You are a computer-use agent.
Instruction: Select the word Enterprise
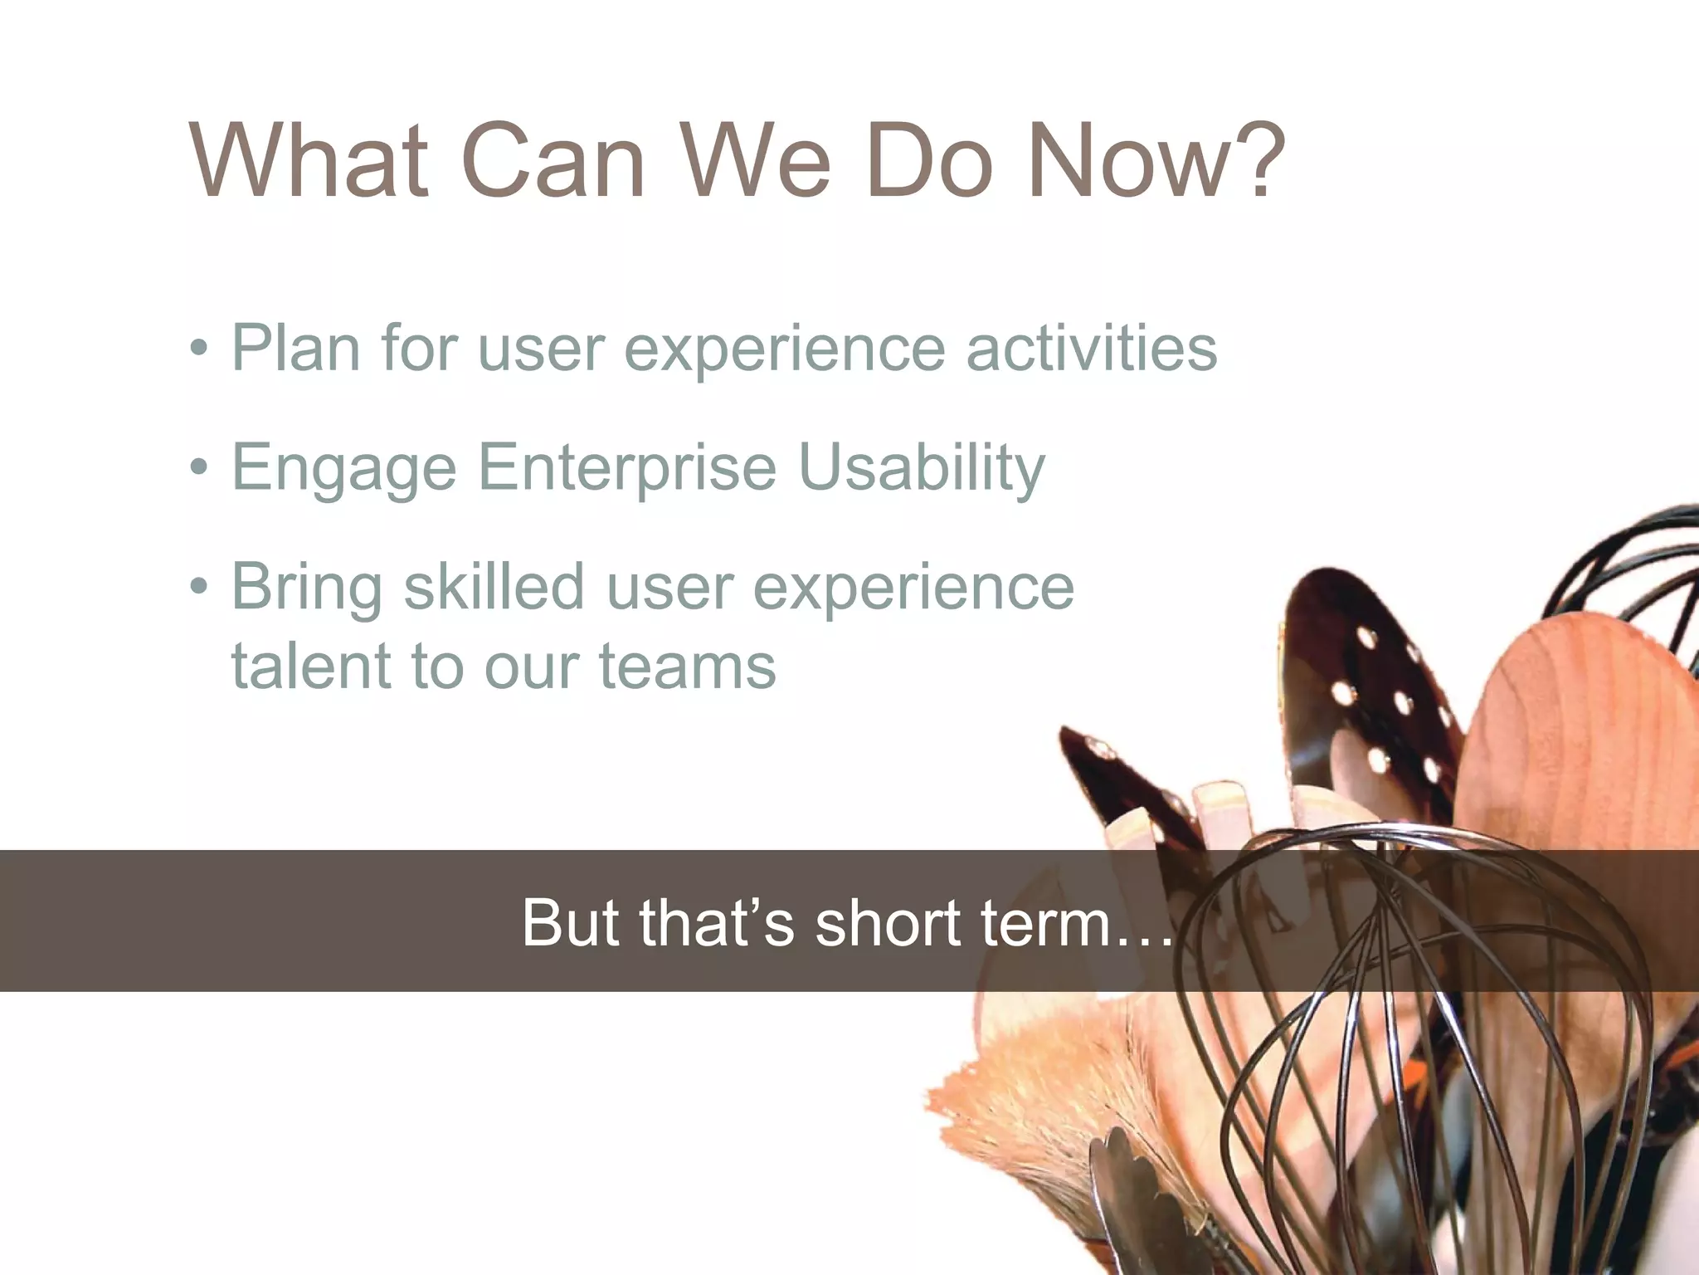[x=627, y=467]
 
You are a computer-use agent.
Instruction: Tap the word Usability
[x=921, y=467]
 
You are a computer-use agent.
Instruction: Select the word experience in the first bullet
[x=785, y=349]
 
